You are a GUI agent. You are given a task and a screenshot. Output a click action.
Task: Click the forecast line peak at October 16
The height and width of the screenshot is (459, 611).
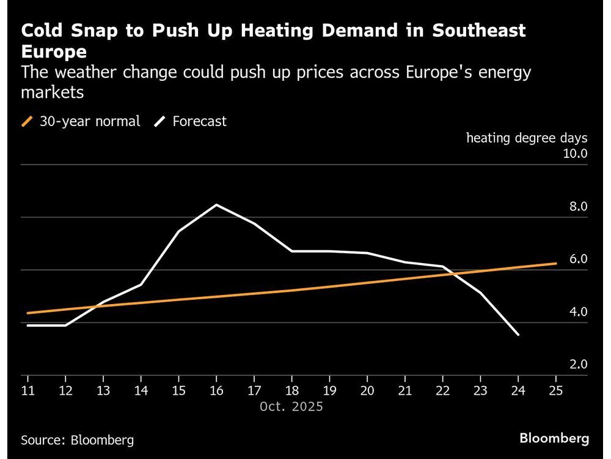coord(216,204)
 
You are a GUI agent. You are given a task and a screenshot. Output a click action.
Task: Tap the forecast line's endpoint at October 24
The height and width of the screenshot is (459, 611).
coord(518,335)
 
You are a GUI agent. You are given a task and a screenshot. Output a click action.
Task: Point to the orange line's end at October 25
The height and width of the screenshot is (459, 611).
coord(555,264)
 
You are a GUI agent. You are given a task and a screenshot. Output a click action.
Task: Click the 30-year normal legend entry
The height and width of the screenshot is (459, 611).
coord(81,121)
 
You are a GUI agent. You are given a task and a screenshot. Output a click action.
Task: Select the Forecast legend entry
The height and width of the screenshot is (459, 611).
coord(191,121)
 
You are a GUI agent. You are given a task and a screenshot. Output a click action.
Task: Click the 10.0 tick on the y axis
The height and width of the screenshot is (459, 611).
coord(574,154)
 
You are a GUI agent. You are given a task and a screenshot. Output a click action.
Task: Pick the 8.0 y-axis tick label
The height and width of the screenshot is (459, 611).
coord(578,206)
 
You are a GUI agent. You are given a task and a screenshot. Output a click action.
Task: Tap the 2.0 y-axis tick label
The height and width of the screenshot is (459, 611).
coord(578,364)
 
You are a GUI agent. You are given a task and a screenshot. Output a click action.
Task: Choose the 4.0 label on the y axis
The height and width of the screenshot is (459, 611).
coord(578,312)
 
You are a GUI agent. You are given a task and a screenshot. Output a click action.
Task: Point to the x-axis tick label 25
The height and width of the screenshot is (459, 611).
coord(555,390)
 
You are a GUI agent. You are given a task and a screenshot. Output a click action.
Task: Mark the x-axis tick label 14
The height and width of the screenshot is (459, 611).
coord(141,390)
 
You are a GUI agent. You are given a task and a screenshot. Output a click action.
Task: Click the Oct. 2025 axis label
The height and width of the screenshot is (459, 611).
coord(291,406)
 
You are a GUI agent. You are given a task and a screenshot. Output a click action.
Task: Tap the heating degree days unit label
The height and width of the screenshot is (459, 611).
coord(527,138)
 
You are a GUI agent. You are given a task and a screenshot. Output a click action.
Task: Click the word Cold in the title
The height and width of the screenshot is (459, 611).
coord(40,31)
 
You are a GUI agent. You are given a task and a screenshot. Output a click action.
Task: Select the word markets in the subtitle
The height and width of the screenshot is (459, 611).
coord(52,92)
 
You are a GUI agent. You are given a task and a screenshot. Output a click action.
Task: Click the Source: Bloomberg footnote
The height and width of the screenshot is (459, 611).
coord(77,439)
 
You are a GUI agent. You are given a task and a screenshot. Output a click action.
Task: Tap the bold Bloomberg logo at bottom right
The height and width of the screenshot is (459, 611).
coord(554,438)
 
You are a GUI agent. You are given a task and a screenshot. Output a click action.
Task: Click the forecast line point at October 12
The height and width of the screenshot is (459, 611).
coord(65,325)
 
